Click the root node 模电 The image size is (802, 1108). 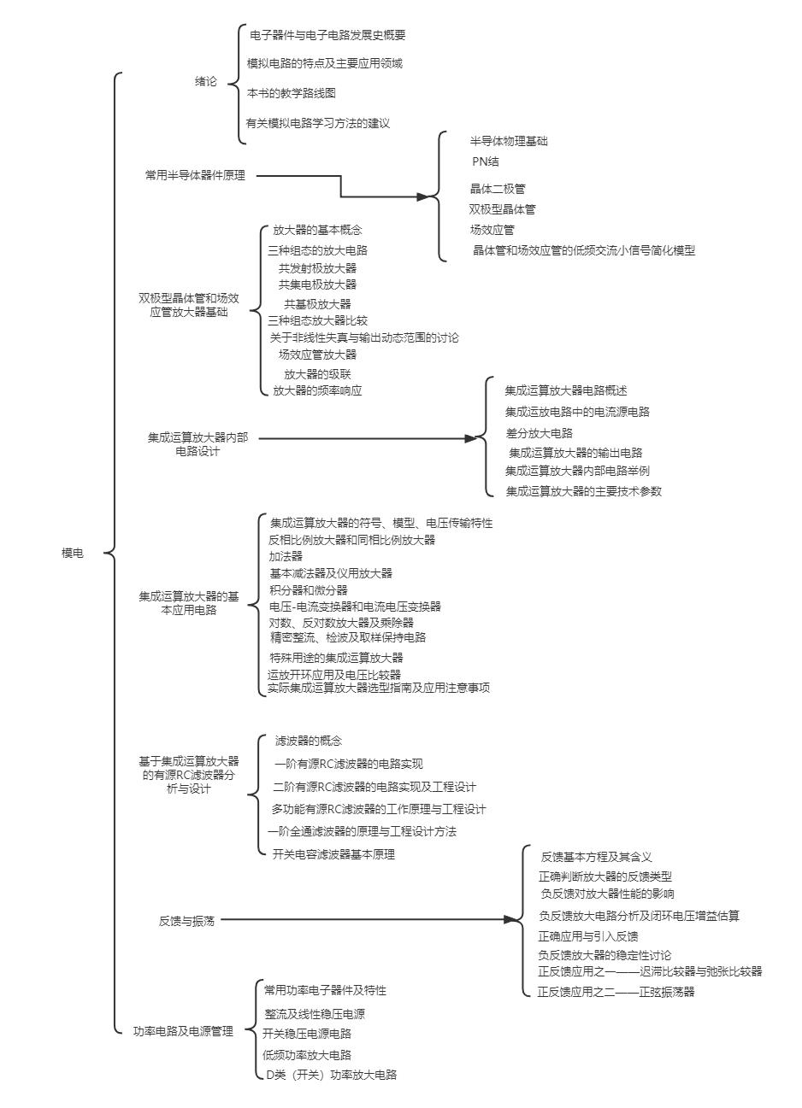pyautogui.click(x=73, y=554)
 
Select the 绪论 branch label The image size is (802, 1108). pyautogui.click(x=206, y=82)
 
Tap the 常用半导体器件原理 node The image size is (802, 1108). pyautogui.click(x=195, y=175)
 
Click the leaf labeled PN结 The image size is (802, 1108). pyautogui.click(x=486, y=161)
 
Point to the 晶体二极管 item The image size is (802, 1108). pyautogui.click(x=498, y=189)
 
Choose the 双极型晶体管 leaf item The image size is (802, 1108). pyautogui.click(x=503, y=209)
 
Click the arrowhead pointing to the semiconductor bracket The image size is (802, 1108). pyautogui.click(x=422, y=196)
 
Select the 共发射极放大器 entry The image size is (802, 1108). pyautogui.click(x=317, y=268)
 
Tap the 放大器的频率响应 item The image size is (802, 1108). pyautogui.click(x=317, y=390)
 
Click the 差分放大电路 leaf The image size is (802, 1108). pyautogui.click(x=539, y=433)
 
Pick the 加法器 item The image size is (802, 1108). pyautogui.click(x=286, y=556)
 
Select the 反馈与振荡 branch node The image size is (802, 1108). pyautogui.click(x=186, y=921)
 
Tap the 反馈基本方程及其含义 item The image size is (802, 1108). pyautogui.click(x=597, y=856)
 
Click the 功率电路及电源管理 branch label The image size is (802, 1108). pyautogui.click(x=183, y=1031)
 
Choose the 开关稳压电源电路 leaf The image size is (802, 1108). pyautogui.click(x=308, y=1034)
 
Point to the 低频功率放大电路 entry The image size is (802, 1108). pyautogui.click(x=308, y=1055)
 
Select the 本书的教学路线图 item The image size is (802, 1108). pyautogui.click(x=292, y=93)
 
